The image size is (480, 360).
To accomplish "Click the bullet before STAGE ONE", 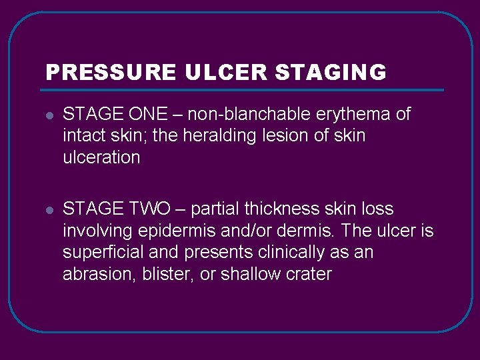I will click(x=49, y=115).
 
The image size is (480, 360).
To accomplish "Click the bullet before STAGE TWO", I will click(x=49, y=210).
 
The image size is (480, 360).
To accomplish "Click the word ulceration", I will click(x=101, y=158).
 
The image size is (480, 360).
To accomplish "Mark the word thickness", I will click(x=282, y=209).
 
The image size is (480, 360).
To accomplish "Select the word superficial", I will click(x=105, y=253).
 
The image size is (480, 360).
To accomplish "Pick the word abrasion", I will click(x=99, y=274).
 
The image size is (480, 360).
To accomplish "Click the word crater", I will click(x=308, y=274).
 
